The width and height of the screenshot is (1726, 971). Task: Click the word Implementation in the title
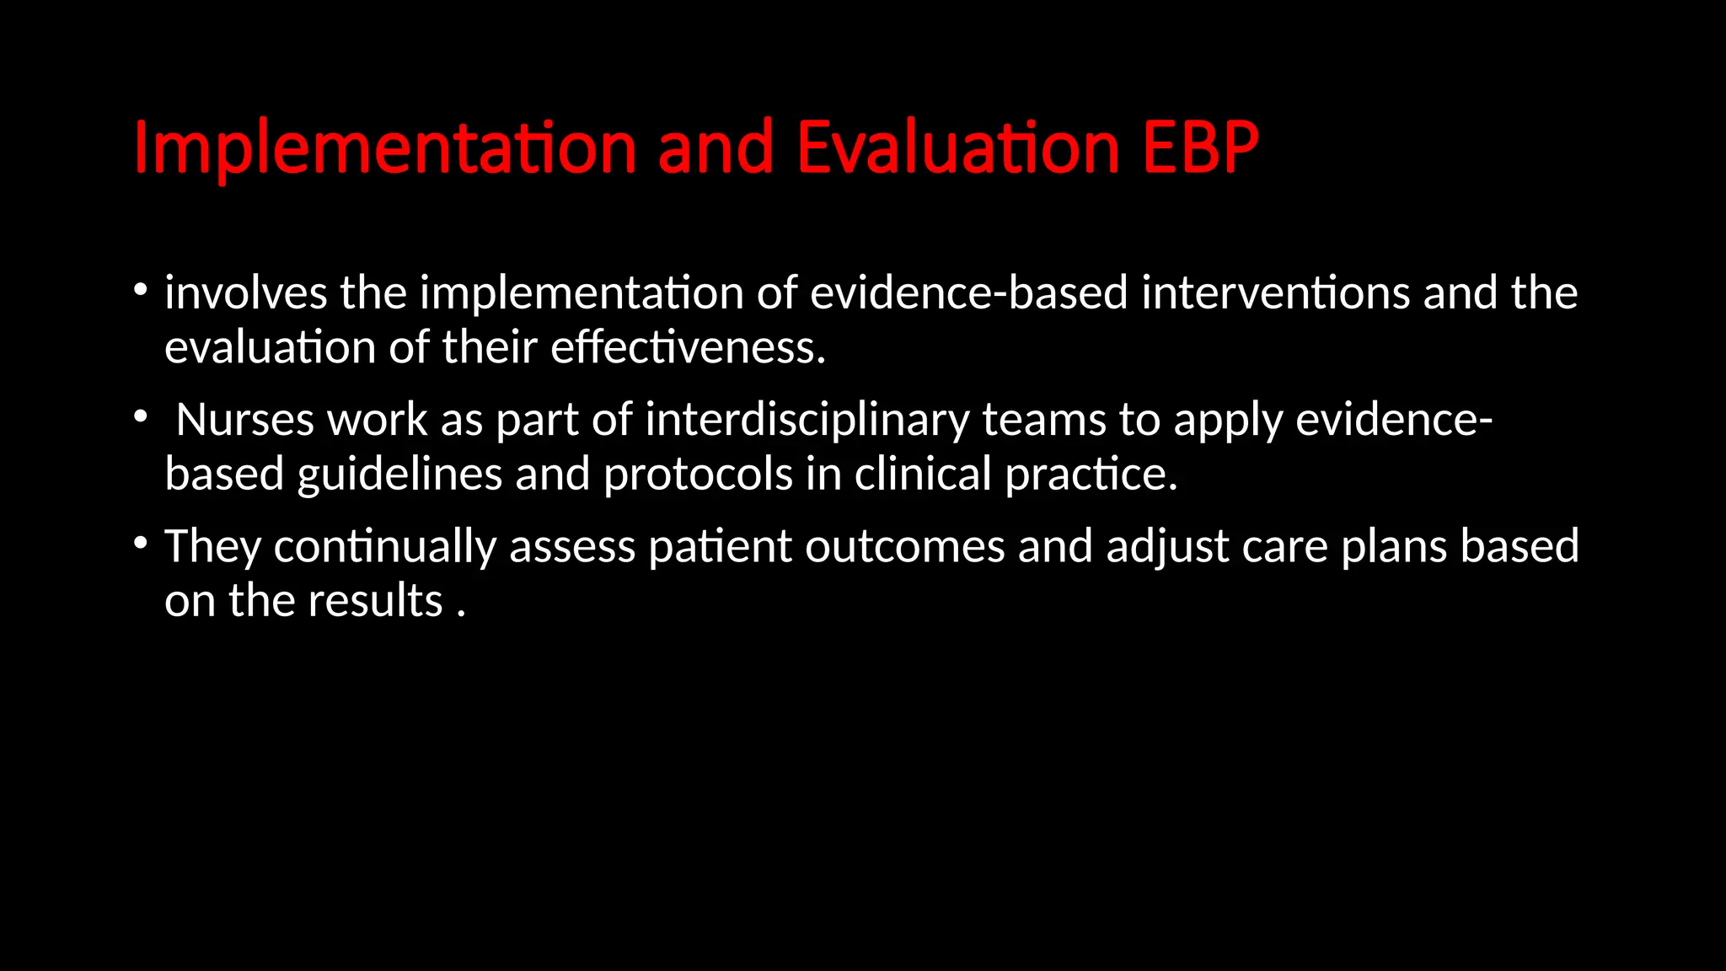pos(384,148)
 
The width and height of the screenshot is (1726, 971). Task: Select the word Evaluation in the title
pos(957,148)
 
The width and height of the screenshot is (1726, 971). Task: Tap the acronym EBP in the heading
pos(1200,148)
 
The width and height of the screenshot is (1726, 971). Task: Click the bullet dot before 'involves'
pos(141,291)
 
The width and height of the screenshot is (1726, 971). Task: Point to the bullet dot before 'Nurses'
pos(141,416)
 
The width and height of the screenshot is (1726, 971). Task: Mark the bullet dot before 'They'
pos(141,543)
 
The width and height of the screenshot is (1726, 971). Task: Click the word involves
pos(245,293)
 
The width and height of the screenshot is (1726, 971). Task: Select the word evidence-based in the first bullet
pos(968,293)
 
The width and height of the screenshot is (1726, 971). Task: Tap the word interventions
pos(1275,293)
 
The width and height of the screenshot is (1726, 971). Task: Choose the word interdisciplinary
pos(807,420)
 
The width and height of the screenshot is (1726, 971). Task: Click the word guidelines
pos(399,474)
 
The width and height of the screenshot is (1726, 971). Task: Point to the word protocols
pos(698,474)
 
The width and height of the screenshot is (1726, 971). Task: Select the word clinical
pos(923,474)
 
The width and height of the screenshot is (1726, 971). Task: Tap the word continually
pos(384,546)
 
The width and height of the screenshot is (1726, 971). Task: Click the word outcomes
pos(904,546)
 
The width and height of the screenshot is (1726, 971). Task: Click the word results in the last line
pos(375,600)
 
